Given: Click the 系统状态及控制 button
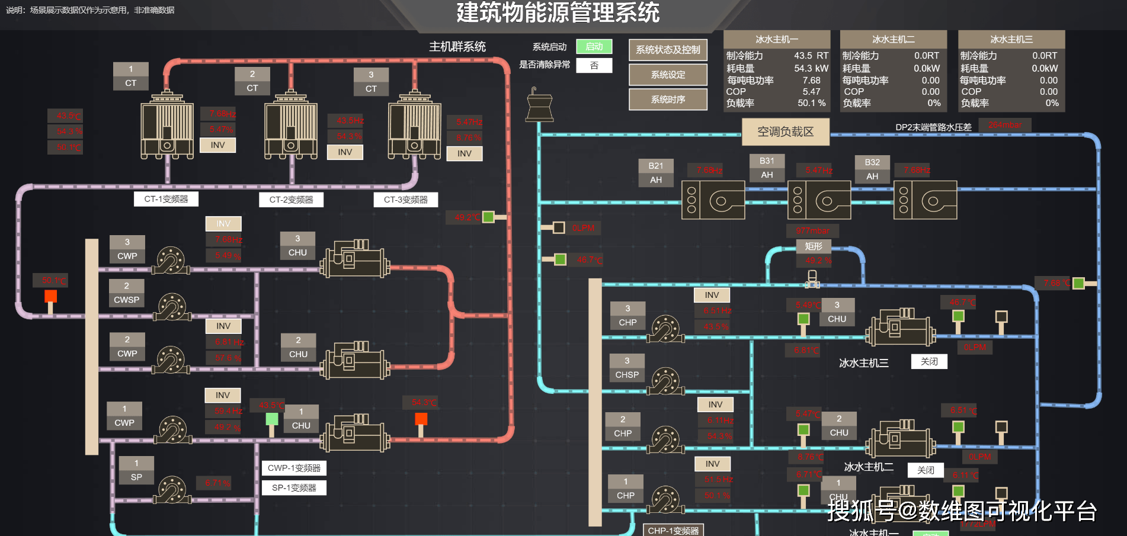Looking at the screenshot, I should coord(668,50).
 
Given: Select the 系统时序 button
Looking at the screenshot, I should coord(668,100).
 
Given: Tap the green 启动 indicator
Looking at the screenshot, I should coord(594,47).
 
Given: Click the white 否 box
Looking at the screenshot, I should coord(594,65).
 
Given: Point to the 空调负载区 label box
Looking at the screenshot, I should coord(785,131).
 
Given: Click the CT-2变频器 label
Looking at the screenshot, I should coord(291,200).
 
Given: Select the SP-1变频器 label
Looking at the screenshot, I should coord(294,488).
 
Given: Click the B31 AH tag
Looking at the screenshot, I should coord(767,168).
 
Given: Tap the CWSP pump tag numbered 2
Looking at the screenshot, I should coord(126,293).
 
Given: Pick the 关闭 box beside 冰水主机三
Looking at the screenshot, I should coord(929,362).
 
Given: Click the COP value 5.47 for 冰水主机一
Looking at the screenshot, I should coord(811,92).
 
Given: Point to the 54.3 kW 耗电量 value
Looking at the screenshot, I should coord(811,69).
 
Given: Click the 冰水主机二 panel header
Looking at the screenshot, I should coord(893,39).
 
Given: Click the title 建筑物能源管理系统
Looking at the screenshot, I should coord(558,13).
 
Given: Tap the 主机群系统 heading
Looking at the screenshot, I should coord(457,47).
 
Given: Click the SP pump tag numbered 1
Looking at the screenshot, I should coord(136,470).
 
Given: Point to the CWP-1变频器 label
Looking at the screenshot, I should coord(294,468).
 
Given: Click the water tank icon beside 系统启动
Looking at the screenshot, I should coord(539,106).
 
